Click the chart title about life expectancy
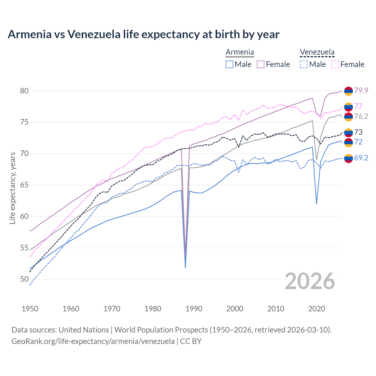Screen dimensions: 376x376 (143, 34)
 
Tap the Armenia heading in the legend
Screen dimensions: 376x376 (240, 52)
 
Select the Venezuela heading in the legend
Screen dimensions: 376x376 (317, 52)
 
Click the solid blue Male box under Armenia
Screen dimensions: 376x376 (229, 64)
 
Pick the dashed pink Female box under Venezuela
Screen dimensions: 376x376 (335, 64)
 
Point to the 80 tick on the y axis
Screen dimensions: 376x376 (24, 91)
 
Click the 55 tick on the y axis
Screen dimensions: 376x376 (24, 248)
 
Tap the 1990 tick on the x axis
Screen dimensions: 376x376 (194, 309)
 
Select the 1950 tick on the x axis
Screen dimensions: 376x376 (30, 309)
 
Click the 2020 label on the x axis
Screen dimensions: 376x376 (317, 309)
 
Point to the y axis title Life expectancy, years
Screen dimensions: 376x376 (12, 188)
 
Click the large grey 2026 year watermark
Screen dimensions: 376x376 (310, 281)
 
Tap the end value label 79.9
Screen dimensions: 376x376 (361, 90)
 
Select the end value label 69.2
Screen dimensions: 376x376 (361, 158)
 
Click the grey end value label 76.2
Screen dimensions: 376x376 (361, 116)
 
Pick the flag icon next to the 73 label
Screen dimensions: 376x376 (348, 132)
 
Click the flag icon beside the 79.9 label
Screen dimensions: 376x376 (348, 91)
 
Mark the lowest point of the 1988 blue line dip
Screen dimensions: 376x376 (185, 268)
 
